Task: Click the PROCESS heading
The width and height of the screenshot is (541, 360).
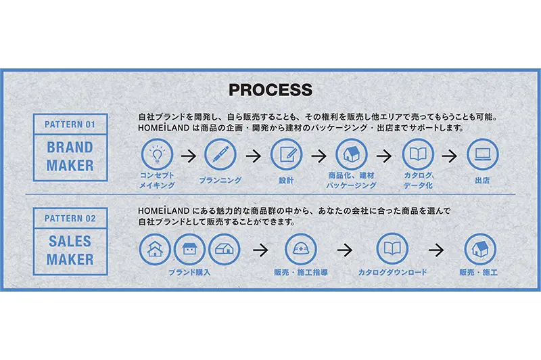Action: coord(270,90)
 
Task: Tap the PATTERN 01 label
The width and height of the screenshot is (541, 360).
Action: coord(70,125)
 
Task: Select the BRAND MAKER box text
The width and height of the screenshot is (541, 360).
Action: coord(70,156)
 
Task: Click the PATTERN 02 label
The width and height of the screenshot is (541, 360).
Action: coord(70,219)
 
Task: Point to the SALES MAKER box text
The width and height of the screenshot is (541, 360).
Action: coord(70,250)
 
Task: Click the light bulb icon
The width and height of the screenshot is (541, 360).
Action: coord(156,154)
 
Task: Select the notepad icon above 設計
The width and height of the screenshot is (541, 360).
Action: coord(286,154)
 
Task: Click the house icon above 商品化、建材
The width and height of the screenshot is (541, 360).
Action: coord(352,154)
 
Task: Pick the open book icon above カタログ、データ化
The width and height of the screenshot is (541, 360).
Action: coord(417,154)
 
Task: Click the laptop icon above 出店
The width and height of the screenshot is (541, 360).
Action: coord(482,154)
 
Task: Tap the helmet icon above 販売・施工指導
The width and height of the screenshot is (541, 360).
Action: coord(300,249)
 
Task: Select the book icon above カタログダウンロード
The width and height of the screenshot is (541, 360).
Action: coord(392,249)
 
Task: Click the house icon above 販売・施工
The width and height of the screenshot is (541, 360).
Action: coord(479,249)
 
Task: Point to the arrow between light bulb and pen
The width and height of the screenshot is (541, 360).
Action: coord(189,155)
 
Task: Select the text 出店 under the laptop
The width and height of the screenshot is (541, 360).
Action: coord(482,181)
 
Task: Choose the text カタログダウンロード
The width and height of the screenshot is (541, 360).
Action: coord(392,273)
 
